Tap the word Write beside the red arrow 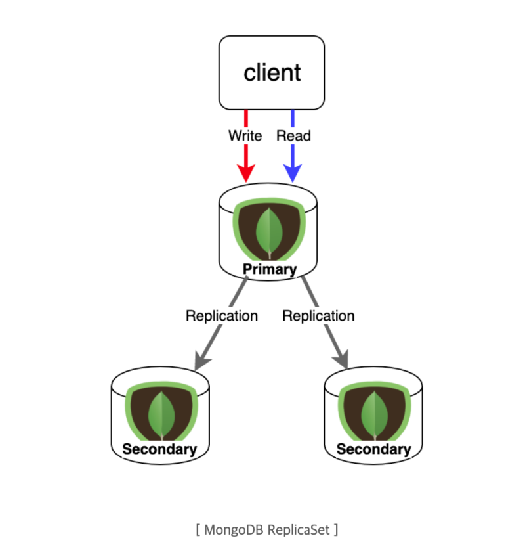[245, 136]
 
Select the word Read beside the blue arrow [293, 136]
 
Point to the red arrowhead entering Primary [246, 173]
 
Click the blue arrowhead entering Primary [292, 173]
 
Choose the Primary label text [270, 269]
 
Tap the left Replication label [222, 316]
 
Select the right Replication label [318, 316]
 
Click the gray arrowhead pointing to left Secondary [201, 361]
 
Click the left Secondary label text [159, 450]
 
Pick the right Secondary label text [373, 450]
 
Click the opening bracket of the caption [198, 529]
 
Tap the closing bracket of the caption [335, 529]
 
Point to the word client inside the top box [272, 72]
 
